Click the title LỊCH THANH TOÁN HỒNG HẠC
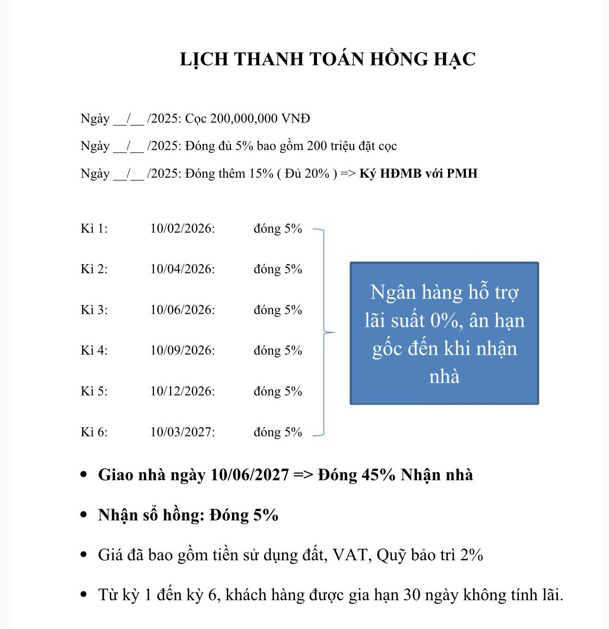coord(327,59)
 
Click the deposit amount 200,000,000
coord(244,119)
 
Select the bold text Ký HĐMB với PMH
coord(418,174)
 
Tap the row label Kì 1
coord(94,229)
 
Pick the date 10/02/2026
coord(182,229)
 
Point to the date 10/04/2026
coord(182,269)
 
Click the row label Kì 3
coord(94,310)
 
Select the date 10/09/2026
coord(182,350)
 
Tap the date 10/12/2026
coord(182,391)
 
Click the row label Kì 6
coord(94,432)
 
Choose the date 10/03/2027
coord(182,432)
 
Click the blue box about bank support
coord(444,333)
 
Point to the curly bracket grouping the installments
coord(323,332)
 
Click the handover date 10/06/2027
coord(250,475)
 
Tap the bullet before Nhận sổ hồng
coord(83,515)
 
